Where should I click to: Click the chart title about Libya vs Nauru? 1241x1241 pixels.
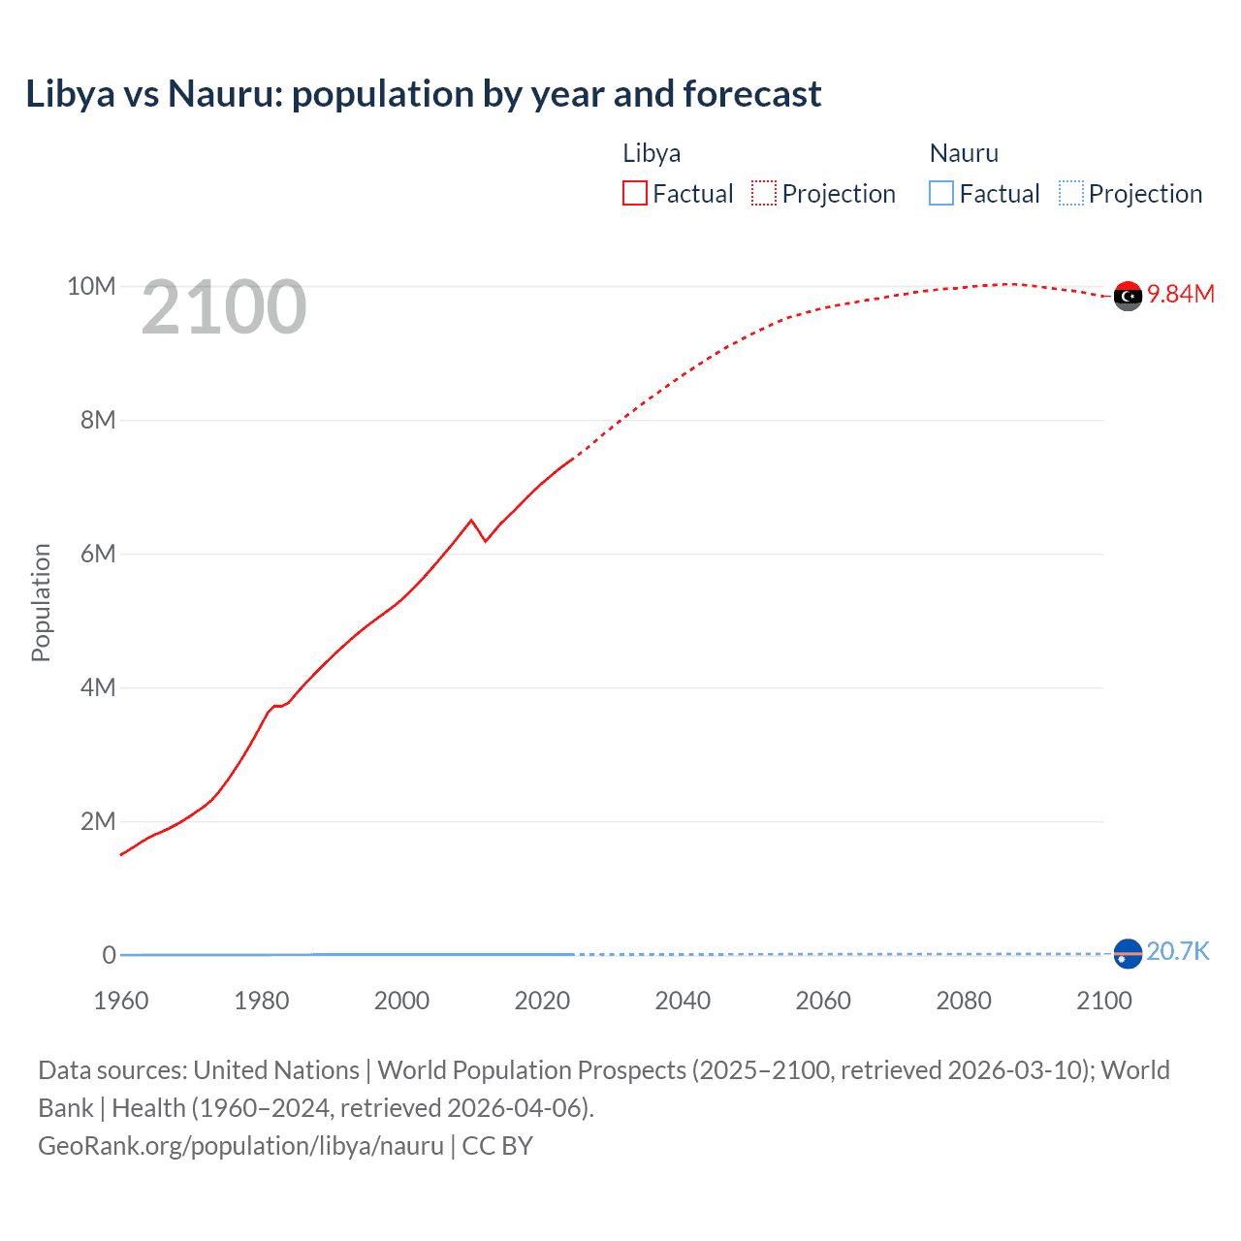point(424,94)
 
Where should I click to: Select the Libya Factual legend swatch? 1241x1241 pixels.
point(635,193)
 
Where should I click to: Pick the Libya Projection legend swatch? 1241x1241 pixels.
point(764,193)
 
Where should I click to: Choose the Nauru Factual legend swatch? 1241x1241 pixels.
point(941,193)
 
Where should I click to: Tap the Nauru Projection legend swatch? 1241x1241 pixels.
point(1071,193)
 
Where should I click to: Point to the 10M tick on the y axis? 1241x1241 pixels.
point(91,286)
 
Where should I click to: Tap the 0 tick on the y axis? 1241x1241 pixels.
point(110,955)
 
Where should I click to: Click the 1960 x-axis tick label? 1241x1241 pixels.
point(121,1001)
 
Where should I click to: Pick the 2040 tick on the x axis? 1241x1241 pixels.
point(683,1001)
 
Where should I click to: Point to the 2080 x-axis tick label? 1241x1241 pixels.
point(964,1001)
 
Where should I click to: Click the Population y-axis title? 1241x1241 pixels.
point(41,602)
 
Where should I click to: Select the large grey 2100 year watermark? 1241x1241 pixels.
point(224,307)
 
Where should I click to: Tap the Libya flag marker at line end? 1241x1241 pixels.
point(1128,296)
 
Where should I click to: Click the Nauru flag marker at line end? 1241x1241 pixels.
point(1128,954)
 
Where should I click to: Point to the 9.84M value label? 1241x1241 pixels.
point(1181,295)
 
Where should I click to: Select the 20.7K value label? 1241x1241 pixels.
point(1178,951)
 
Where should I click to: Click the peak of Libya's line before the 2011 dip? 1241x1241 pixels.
point(471,521)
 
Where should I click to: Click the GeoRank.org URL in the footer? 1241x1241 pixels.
point(240,1145)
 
